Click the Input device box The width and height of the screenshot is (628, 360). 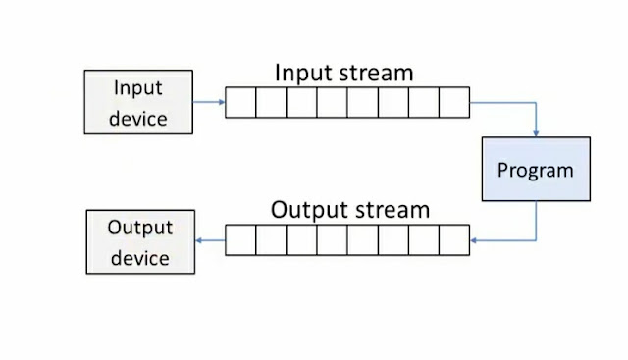click(x=138, y=103)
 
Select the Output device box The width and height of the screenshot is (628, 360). click(x=139, y=241)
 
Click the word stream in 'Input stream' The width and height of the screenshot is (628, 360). click(x=377, y=73)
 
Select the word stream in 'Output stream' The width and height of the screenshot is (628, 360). click(x=390, y=210)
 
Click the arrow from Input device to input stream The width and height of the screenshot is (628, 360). click(x=208, y=102)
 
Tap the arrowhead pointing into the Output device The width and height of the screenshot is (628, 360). click(x=200, y=240)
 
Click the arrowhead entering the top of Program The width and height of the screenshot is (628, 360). click(x=536, y=133)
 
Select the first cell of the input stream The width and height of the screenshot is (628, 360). click(x=240, y=103)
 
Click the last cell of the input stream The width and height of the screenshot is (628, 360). click(x=454, y=103)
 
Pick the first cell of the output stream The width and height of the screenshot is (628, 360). click(x=240, y=240)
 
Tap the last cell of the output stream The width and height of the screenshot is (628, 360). click(x=454, y=240)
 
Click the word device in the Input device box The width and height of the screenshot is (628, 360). click(x=138, y=120)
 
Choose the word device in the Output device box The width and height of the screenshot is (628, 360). click(x=139, y=258)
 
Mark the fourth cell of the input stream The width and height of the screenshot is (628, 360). click(x=333, y=103)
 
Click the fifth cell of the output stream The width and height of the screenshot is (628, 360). click(x=363, y=240)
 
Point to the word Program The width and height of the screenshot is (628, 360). click(x=535, y=171)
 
